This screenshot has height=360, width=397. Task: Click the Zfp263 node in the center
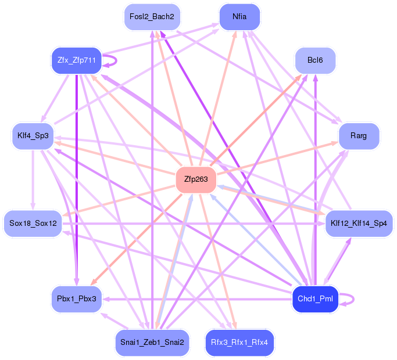pyautogui.click(x=196, y=179)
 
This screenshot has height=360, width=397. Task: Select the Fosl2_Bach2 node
pyautogui.click(x=152, y=17)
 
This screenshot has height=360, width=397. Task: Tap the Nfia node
pyautogui.click(x=239, y=17)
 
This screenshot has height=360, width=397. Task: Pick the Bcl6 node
pyautogui.click(x=315, y=60)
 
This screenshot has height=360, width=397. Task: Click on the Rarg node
pyautogui.click(x=359, y=136)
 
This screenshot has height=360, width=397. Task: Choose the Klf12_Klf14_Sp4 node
pyautogui.click(x=359, y=223)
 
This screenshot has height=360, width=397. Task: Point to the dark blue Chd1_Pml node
pyautogui.click(x=314, y=298)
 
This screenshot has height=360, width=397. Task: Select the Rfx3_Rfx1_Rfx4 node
pyautogui.click(x=239, y=342)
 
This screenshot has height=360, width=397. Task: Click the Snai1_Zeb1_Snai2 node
pyautogui.click(x=152, y=342)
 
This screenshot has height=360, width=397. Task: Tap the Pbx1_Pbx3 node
pyautogui.click(x=76, y=298)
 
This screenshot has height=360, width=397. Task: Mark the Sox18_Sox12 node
pyautogui.click(x=33, y=223)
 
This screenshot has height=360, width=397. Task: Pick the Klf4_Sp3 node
pyautogui.click(x=33, y=136)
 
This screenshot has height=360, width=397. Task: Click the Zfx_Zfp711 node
pyautogui.click(x=76, y=60)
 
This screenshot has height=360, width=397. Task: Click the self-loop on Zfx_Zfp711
pyautogui.click(x=116, y=60)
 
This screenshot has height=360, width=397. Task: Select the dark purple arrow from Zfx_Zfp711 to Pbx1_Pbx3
pyautogui.click(x=77, y=174)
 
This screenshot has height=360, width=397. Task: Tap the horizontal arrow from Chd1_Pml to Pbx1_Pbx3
pyautogui.click(x=192, y=299)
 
